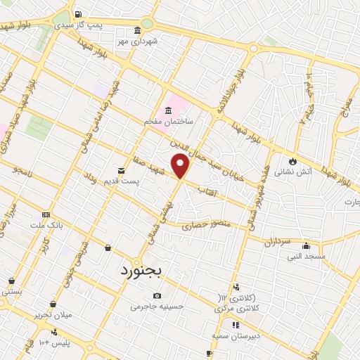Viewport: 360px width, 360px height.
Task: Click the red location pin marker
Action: [x=181, y=166]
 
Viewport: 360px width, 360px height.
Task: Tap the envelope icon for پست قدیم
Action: [x=121, y=170]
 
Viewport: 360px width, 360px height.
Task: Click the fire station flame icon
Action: [x=292, y=161]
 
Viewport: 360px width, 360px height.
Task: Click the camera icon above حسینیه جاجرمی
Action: [x=156, y=295]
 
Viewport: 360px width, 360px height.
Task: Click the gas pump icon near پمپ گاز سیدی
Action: [x=77, y=14]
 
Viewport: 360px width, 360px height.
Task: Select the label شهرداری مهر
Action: [x=138, y=41]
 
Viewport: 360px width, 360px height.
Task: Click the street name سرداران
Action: [x=277, y=242]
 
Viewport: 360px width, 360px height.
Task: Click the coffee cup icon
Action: [x=209, y=353]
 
